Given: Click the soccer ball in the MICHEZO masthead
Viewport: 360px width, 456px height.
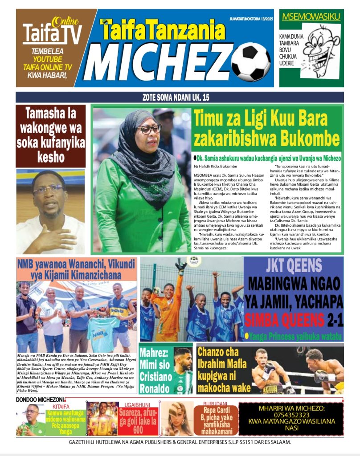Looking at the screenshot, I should click(251, 63).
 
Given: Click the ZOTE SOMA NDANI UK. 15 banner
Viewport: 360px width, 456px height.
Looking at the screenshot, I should click(180, 97).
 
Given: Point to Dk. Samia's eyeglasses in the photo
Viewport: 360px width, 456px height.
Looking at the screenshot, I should click(149, 130).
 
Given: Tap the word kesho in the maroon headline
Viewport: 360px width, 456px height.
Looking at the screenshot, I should click(50, 158).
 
